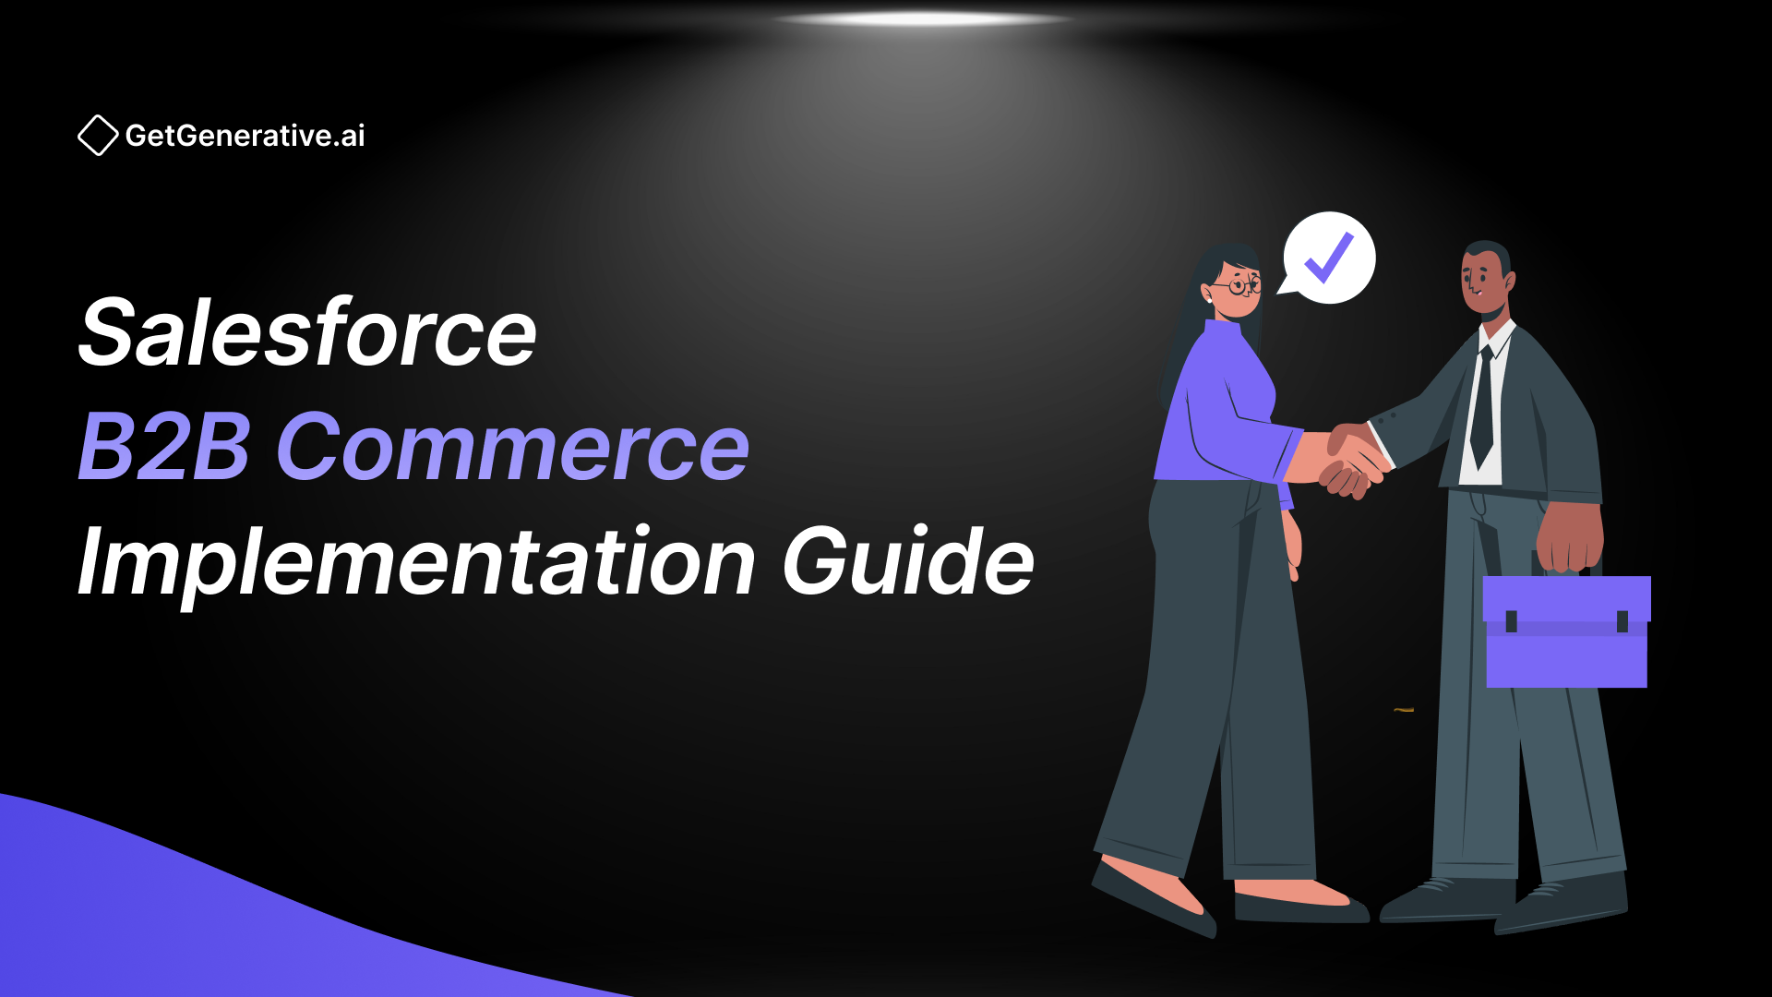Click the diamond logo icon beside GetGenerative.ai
[98, 136]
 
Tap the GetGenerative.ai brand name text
[245, 136]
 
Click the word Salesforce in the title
[307, 332]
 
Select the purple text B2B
[164, 447]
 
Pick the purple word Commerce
[513, 447]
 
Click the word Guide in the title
[909, 560]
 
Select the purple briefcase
[1566, 631]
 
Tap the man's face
[1484, 280]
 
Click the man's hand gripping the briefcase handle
[1570, 536]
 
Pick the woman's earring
[1208, 299]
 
